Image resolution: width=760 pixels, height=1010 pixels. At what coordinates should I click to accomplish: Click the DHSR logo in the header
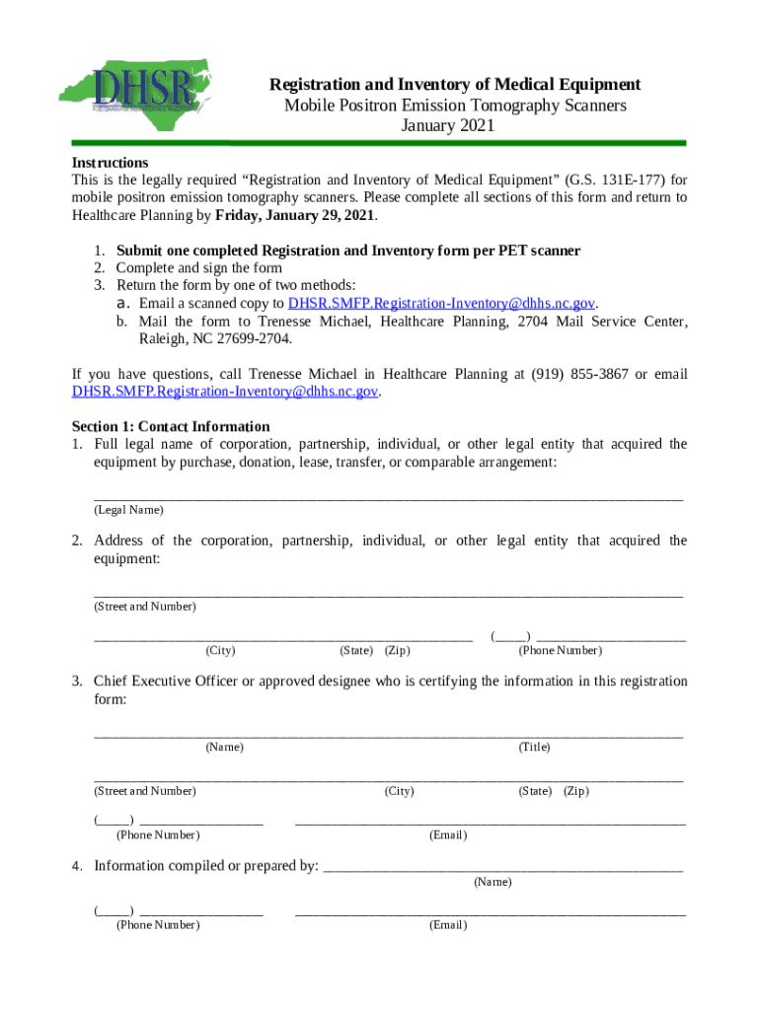tap(144, 83)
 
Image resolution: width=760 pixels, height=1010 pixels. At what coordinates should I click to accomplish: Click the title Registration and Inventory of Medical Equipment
tap(456, 84)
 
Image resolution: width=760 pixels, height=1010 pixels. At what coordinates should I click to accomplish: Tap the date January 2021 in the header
tap(447, 125)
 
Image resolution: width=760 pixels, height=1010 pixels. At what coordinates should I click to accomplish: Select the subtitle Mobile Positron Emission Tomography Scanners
tap(448, 105)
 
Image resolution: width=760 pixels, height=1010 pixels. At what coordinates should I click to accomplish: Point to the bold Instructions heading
tap(110, 162)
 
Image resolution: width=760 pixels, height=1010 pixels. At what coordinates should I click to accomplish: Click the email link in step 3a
tap(441, 303)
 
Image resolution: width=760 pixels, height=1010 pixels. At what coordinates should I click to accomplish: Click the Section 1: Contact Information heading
tap(171, 426)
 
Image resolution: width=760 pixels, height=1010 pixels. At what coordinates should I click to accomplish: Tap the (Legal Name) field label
tap(128, 510)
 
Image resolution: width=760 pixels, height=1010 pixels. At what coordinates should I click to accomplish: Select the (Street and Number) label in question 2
tap(144, 606)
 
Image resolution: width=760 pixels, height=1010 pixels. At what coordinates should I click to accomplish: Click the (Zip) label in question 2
tap(398, 650)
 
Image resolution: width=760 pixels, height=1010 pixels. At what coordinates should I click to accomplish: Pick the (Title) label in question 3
tap(534, 747)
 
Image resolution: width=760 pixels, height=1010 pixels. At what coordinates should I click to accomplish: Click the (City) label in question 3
tap(399, 791)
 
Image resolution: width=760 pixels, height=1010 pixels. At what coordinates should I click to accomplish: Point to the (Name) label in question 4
tap(493, 881)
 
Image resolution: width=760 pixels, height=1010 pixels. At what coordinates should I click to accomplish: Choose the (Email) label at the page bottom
tap(447, 924)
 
